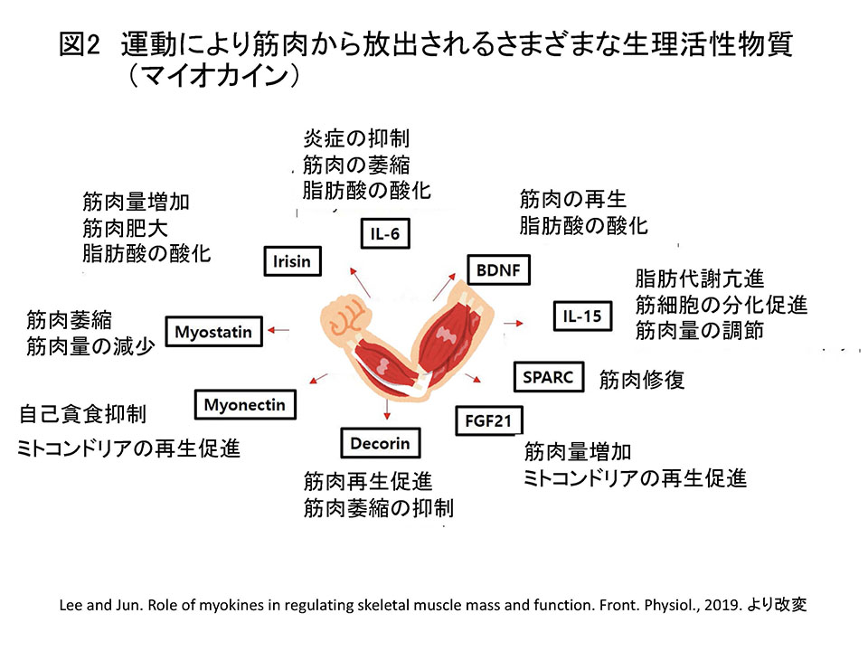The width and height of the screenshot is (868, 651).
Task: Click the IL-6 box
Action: click(x=385, y=233)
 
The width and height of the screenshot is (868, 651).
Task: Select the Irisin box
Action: click(x=292, y=261)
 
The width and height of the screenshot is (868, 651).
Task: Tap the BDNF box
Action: click(x=498, y=270)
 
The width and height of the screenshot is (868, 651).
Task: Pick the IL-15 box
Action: click(x=582, y=316)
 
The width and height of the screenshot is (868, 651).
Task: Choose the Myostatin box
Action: click(x=213, y=332)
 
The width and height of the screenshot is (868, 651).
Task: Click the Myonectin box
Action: click(x=245, y=405)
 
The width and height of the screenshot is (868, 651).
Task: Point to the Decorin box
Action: click(x=381, y=443)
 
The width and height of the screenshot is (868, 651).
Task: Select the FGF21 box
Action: click(x=489, y=420)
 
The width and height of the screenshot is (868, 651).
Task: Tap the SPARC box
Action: click(x=549, y=377)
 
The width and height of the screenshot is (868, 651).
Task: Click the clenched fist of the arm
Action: click(x=344, y=316)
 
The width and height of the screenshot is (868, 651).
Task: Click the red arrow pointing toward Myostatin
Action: click(x=278, y=331)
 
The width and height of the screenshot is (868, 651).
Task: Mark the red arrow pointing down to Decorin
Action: click(x=386, y=408)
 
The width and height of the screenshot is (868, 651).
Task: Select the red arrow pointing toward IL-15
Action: click(x=514, y=323)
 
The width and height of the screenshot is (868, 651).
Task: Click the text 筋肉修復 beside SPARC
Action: click(x=642, y=380)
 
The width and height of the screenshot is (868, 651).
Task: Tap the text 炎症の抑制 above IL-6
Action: click(x=356, y=138)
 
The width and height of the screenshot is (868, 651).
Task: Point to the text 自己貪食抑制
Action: click(x=83, y=414)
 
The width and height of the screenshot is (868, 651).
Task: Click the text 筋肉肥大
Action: click(x=125, y=228)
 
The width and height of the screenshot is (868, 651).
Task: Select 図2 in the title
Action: click(x=80, y=44)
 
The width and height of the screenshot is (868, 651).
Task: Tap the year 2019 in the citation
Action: click(x=722, y=605)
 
